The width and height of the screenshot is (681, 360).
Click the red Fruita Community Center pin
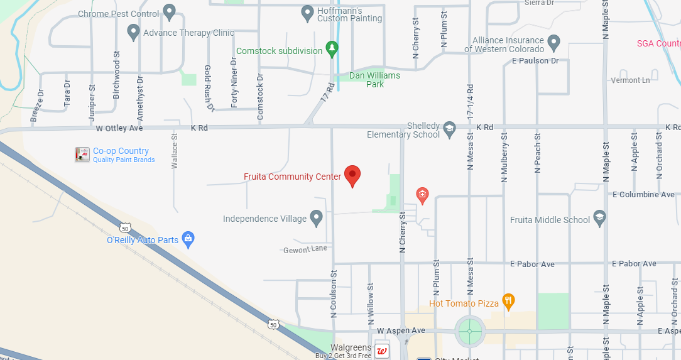(x=353, y=176)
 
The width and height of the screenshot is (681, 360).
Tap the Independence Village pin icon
(x=317, y=218)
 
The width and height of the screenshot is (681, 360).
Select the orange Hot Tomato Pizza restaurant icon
(x=509, y=302)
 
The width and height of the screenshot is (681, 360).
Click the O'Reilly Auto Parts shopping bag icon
(x=188, y=239)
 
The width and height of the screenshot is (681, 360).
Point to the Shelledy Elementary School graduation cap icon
(x=449, y=129)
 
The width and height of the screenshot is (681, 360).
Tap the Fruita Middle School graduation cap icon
(x=600, y=218)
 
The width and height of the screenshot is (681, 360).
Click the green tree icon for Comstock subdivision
(x=332, y=50)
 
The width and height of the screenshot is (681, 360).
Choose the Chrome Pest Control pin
(x=169, y=12)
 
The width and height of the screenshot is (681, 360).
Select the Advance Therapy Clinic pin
(x=133, y=31)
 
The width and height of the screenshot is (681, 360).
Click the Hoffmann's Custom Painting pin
(x=307, y=12)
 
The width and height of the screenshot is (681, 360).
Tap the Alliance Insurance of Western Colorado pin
(x=553, y=43)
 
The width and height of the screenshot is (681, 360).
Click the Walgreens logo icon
(x=381, y=351)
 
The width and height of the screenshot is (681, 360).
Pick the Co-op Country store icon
(x=82, y=155)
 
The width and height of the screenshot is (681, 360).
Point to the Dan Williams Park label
(x=374, y=80)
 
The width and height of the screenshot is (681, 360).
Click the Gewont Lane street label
(x=305, y=249)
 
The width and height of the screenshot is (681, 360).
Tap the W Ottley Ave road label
(x=119, y=128)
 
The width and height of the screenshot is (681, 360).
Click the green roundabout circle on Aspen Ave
(x=470, y=331)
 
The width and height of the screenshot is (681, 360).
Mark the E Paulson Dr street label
(x=535, y=61)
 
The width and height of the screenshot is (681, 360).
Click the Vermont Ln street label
(x=631, y=80)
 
